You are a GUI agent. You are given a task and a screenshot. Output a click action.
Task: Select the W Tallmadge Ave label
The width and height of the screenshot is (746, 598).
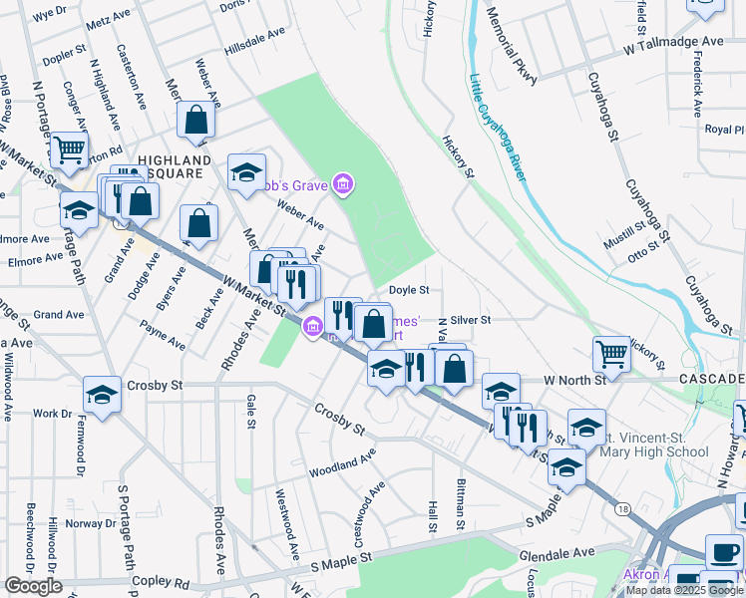673,43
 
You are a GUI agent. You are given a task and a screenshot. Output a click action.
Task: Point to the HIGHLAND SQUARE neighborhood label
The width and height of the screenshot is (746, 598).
175,166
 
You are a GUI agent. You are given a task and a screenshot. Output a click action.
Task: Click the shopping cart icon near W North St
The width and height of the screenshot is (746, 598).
610,353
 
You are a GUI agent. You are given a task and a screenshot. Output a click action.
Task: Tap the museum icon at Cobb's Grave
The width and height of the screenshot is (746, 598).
343,184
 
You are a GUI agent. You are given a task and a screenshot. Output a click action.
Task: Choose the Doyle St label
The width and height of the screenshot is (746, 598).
409,290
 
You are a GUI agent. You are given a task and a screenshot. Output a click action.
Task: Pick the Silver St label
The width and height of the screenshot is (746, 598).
471,320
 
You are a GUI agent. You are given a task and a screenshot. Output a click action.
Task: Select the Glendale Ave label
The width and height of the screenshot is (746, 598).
557,551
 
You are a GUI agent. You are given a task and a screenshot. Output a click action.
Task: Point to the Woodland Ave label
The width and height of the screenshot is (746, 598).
342,461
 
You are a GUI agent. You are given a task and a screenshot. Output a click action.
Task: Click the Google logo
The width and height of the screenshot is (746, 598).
34,586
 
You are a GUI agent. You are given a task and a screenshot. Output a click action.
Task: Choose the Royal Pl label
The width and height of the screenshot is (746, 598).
725,130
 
